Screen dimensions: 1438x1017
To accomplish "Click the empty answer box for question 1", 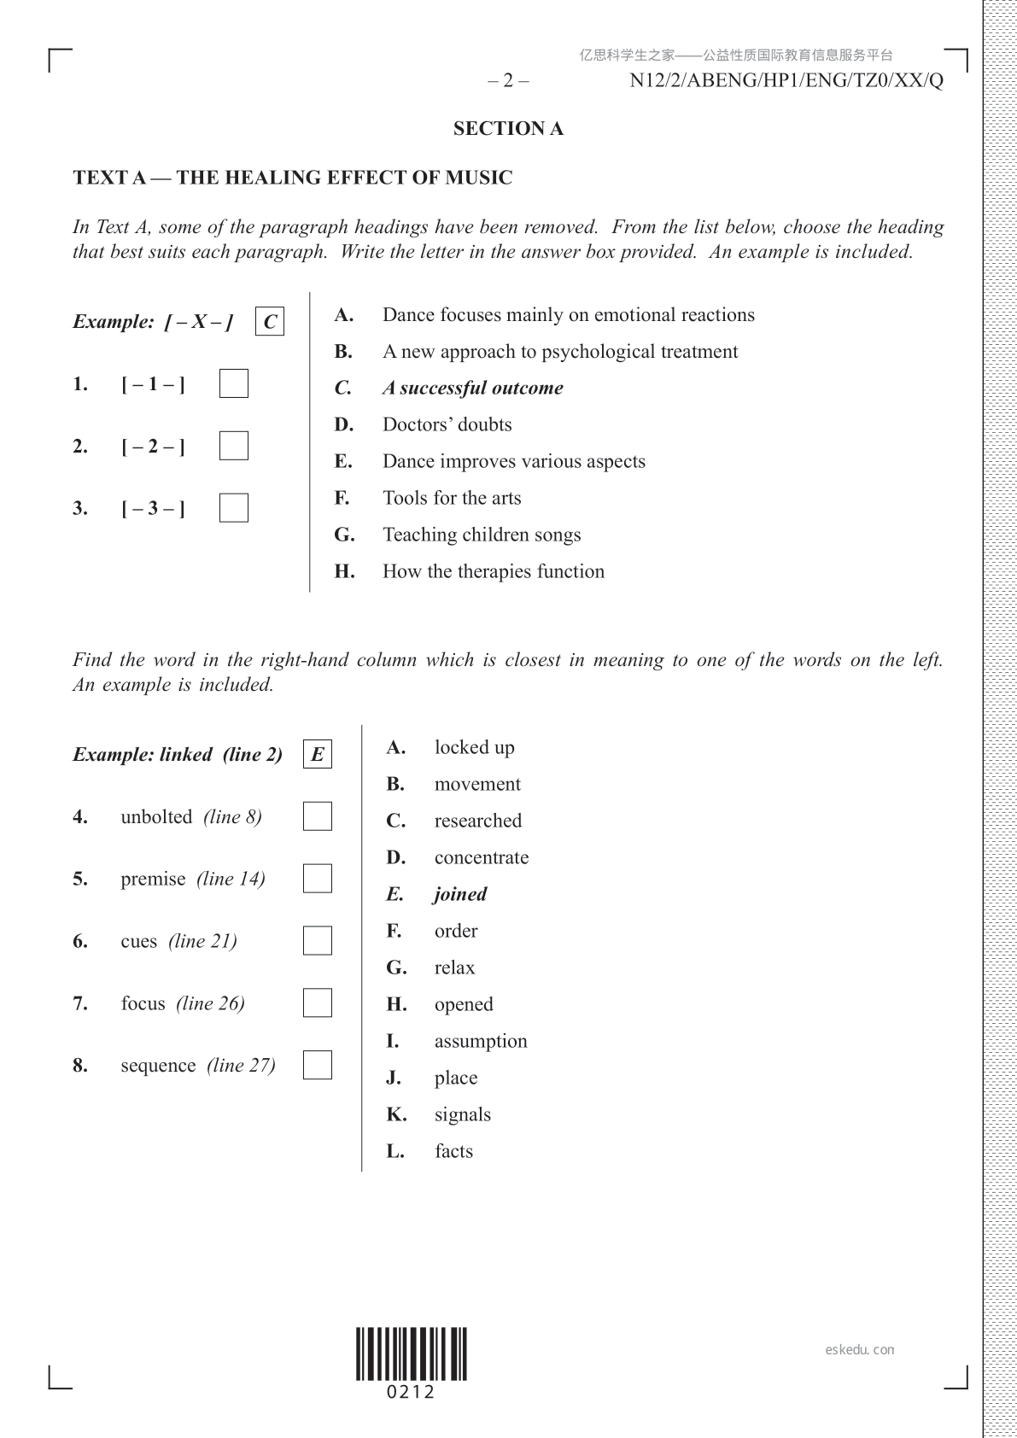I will (x=233, y=383).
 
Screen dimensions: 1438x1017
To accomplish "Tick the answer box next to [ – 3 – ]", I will (x=233, y=508).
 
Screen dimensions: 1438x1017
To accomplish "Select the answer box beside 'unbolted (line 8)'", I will (x=317, y=816).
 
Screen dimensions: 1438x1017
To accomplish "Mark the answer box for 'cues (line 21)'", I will (x=317, y=941).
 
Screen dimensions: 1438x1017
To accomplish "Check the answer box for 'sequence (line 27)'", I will (x=317, y=1065).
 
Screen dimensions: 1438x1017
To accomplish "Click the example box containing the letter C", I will (x=270, y=322).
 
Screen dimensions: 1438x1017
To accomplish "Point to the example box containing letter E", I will (x=317, y=755).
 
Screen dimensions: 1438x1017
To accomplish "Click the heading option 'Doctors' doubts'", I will (x=447, y=424).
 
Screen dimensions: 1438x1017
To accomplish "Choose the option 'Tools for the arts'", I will (x=451, y=498).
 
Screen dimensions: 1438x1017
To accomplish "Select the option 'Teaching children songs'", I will (x=481, y=535).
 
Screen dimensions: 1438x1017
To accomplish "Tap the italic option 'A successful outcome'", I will (x=472, y=388).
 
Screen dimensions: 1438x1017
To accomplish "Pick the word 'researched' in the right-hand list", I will (x=477, y=821).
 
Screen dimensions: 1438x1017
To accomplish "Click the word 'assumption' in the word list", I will (x=481, y=1041).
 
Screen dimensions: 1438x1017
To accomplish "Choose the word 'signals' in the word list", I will (x=462, y=1114).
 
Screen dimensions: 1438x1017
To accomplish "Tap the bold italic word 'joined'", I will (x=460, y=894).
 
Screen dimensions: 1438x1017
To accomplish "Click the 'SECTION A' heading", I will (x=508, y=129).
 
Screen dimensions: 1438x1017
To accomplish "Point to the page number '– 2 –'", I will (x=508, y=81).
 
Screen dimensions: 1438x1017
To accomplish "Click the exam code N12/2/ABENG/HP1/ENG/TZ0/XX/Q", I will (x=786, y=81).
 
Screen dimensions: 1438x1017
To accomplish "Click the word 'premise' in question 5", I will (x=153, y=879).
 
